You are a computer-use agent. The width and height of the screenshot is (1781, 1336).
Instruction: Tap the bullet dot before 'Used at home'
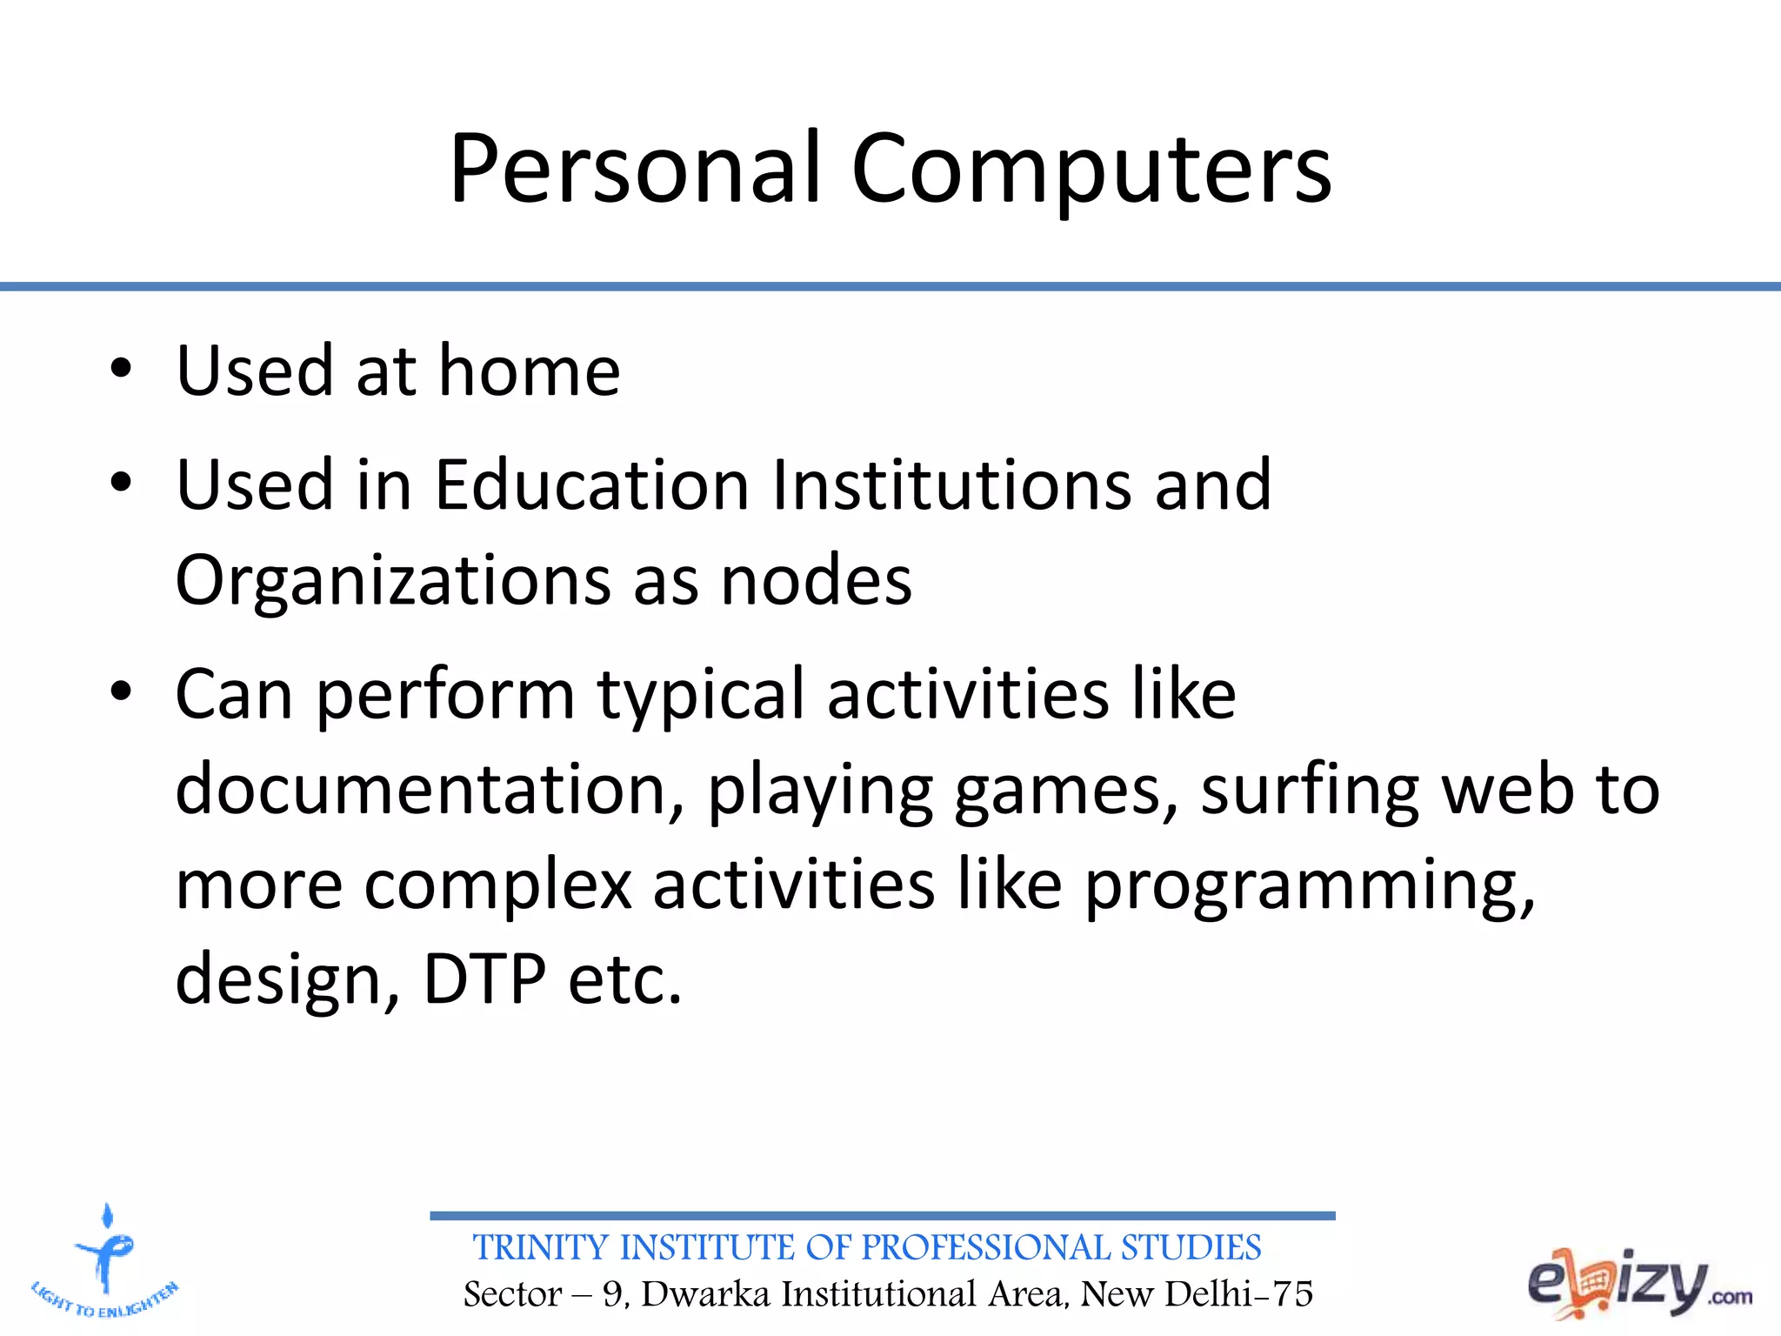(121, 369)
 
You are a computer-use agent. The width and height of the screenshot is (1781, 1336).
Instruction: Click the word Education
(591, 484)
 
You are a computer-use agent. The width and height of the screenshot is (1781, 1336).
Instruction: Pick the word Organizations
(393, 581)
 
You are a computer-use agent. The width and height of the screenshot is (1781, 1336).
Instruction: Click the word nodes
(816, 581)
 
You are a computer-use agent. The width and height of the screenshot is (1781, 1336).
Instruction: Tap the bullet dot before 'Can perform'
(121, 692)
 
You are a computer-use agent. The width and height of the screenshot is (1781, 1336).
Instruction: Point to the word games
(1066, 792)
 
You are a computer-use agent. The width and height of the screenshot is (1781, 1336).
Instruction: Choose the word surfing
(1309, 789)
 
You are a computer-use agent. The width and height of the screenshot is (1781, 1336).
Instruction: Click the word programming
(1310, 885)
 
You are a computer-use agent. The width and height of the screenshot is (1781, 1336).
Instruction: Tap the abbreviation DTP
(484, 979)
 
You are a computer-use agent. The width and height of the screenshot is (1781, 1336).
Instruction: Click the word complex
(497, 885)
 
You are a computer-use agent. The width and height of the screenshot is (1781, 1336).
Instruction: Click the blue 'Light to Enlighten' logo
(105, 1262)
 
